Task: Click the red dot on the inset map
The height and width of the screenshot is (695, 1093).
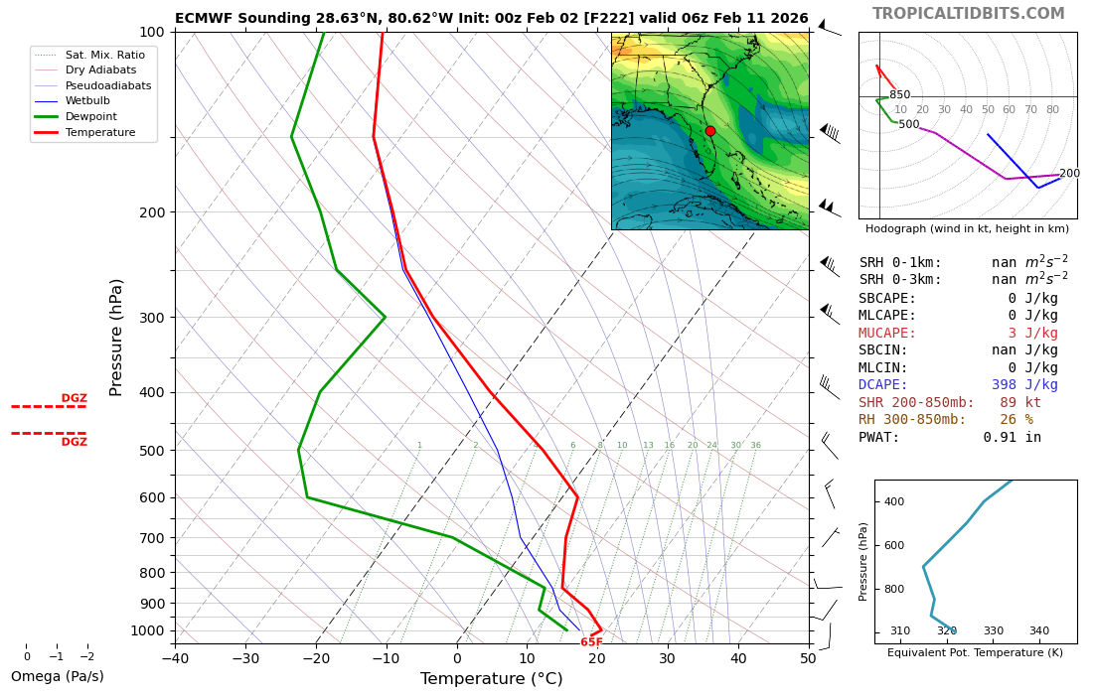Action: (710, 131)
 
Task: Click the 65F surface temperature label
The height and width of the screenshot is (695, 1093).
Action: (591, 643)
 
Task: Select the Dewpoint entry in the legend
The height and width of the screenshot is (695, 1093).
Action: (90, 116)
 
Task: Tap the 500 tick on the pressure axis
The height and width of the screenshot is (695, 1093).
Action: (151, 451)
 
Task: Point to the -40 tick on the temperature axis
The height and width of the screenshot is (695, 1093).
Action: (175, 657)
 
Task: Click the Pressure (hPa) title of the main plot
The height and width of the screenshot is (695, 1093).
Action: (117, 338)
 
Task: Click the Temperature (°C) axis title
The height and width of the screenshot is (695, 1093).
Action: (491, 679)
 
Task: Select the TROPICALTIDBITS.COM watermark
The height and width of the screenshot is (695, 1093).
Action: (968, 14)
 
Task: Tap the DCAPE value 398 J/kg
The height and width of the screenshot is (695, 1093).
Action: (1023, 385)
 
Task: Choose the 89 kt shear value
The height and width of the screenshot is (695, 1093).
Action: (1019, 402)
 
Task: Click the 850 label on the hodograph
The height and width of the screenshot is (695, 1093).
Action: (899, 95)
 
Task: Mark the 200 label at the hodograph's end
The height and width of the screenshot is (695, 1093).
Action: (1069, 174)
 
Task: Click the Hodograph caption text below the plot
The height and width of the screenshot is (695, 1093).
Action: (967, 229)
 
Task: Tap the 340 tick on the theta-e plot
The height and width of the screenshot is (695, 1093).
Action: (1038, 631)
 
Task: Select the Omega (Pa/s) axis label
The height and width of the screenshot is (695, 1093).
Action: (57, 677)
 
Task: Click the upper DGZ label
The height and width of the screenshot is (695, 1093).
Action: (75, 398)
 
